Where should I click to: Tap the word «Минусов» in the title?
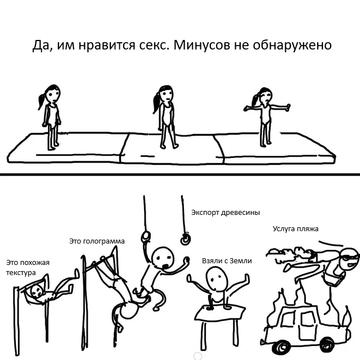(x=201, y=45)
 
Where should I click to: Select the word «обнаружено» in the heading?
(x=292, y=46)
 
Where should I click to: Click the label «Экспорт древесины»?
(x=226, y=213)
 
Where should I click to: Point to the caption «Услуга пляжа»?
(x=295, y=229)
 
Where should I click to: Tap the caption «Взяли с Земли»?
(x=227, y=261)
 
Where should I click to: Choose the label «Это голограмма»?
(x=97, y=241)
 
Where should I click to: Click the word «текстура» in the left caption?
(x=21, y=273)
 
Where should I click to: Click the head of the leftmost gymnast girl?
(x=53, y=93)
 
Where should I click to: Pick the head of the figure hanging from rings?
(x=163, y=258)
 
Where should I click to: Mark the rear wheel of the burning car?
(x=327, y=344)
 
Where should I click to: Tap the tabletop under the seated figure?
(x=219, y=313)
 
